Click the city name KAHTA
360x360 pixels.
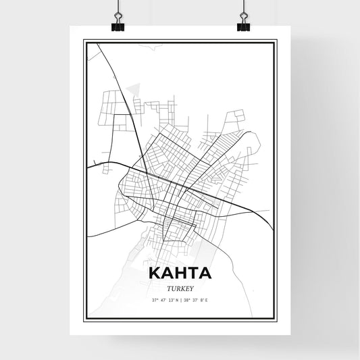coord(180,274)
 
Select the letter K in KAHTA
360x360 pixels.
coord(154,274)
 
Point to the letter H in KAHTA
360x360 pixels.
coord(180,274)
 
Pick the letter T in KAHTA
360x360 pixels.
coord(192,274)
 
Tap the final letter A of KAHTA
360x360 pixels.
coord(205,274)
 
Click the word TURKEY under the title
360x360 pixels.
coord(180,286)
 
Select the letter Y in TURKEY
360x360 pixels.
coord(191,286)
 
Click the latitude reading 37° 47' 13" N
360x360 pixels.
coord(163,299)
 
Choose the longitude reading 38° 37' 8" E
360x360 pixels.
coord(196,299)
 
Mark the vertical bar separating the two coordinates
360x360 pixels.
coord(180,299)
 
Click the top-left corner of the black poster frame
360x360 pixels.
coord(84,41)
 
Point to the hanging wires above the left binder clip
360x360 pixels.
coord(118,8)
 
